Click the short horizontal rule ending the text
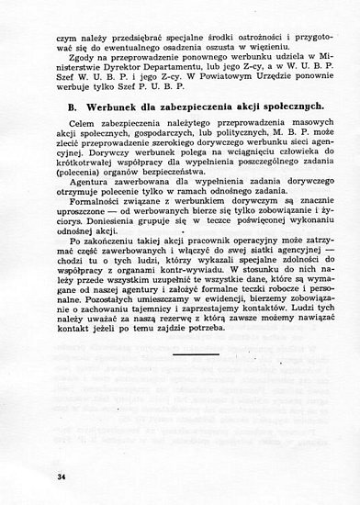[x=193, y=353]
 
